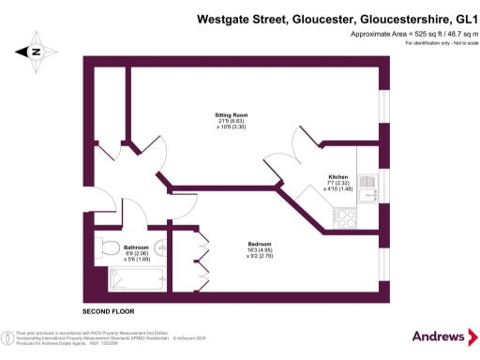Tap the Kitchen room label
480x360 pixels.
point(337,176)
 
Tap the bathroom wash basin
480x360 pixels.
point(160,249)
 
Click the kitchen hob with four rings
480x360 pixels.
point(346,218)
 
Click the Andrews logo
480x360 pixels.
point(438,336)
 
